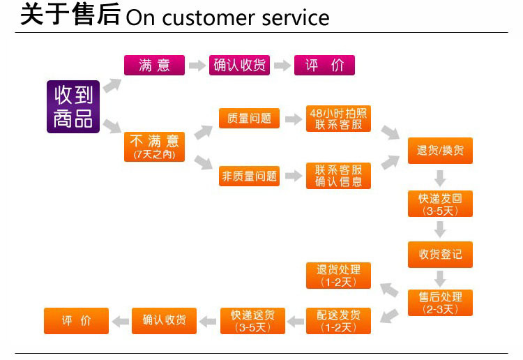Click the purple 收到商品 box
(74, 106)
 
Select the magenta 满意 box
(154, 66)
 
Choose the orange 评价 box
(77, 320)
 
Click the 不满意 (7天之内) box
(154, 147)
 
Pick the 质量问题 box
(249, 119)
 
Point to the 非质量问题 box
(249, 177)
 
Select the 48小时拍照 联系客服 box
(339, 119)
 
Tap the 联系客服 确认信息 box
(339, 176)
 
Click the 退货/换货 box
(440, 150)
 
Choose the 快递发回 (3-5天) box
(440, 204)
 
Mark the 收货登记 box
(440, 254)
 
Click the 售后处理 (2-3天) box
(440, 303)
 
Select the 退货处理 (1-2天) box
(339, 276)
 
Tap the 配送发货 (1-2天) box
(339, 320)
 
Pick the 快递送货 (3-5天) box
(252, 320)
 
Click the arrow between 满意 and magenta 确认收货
(199, 66)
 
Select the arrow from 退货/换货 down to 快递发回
(440, 177)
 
